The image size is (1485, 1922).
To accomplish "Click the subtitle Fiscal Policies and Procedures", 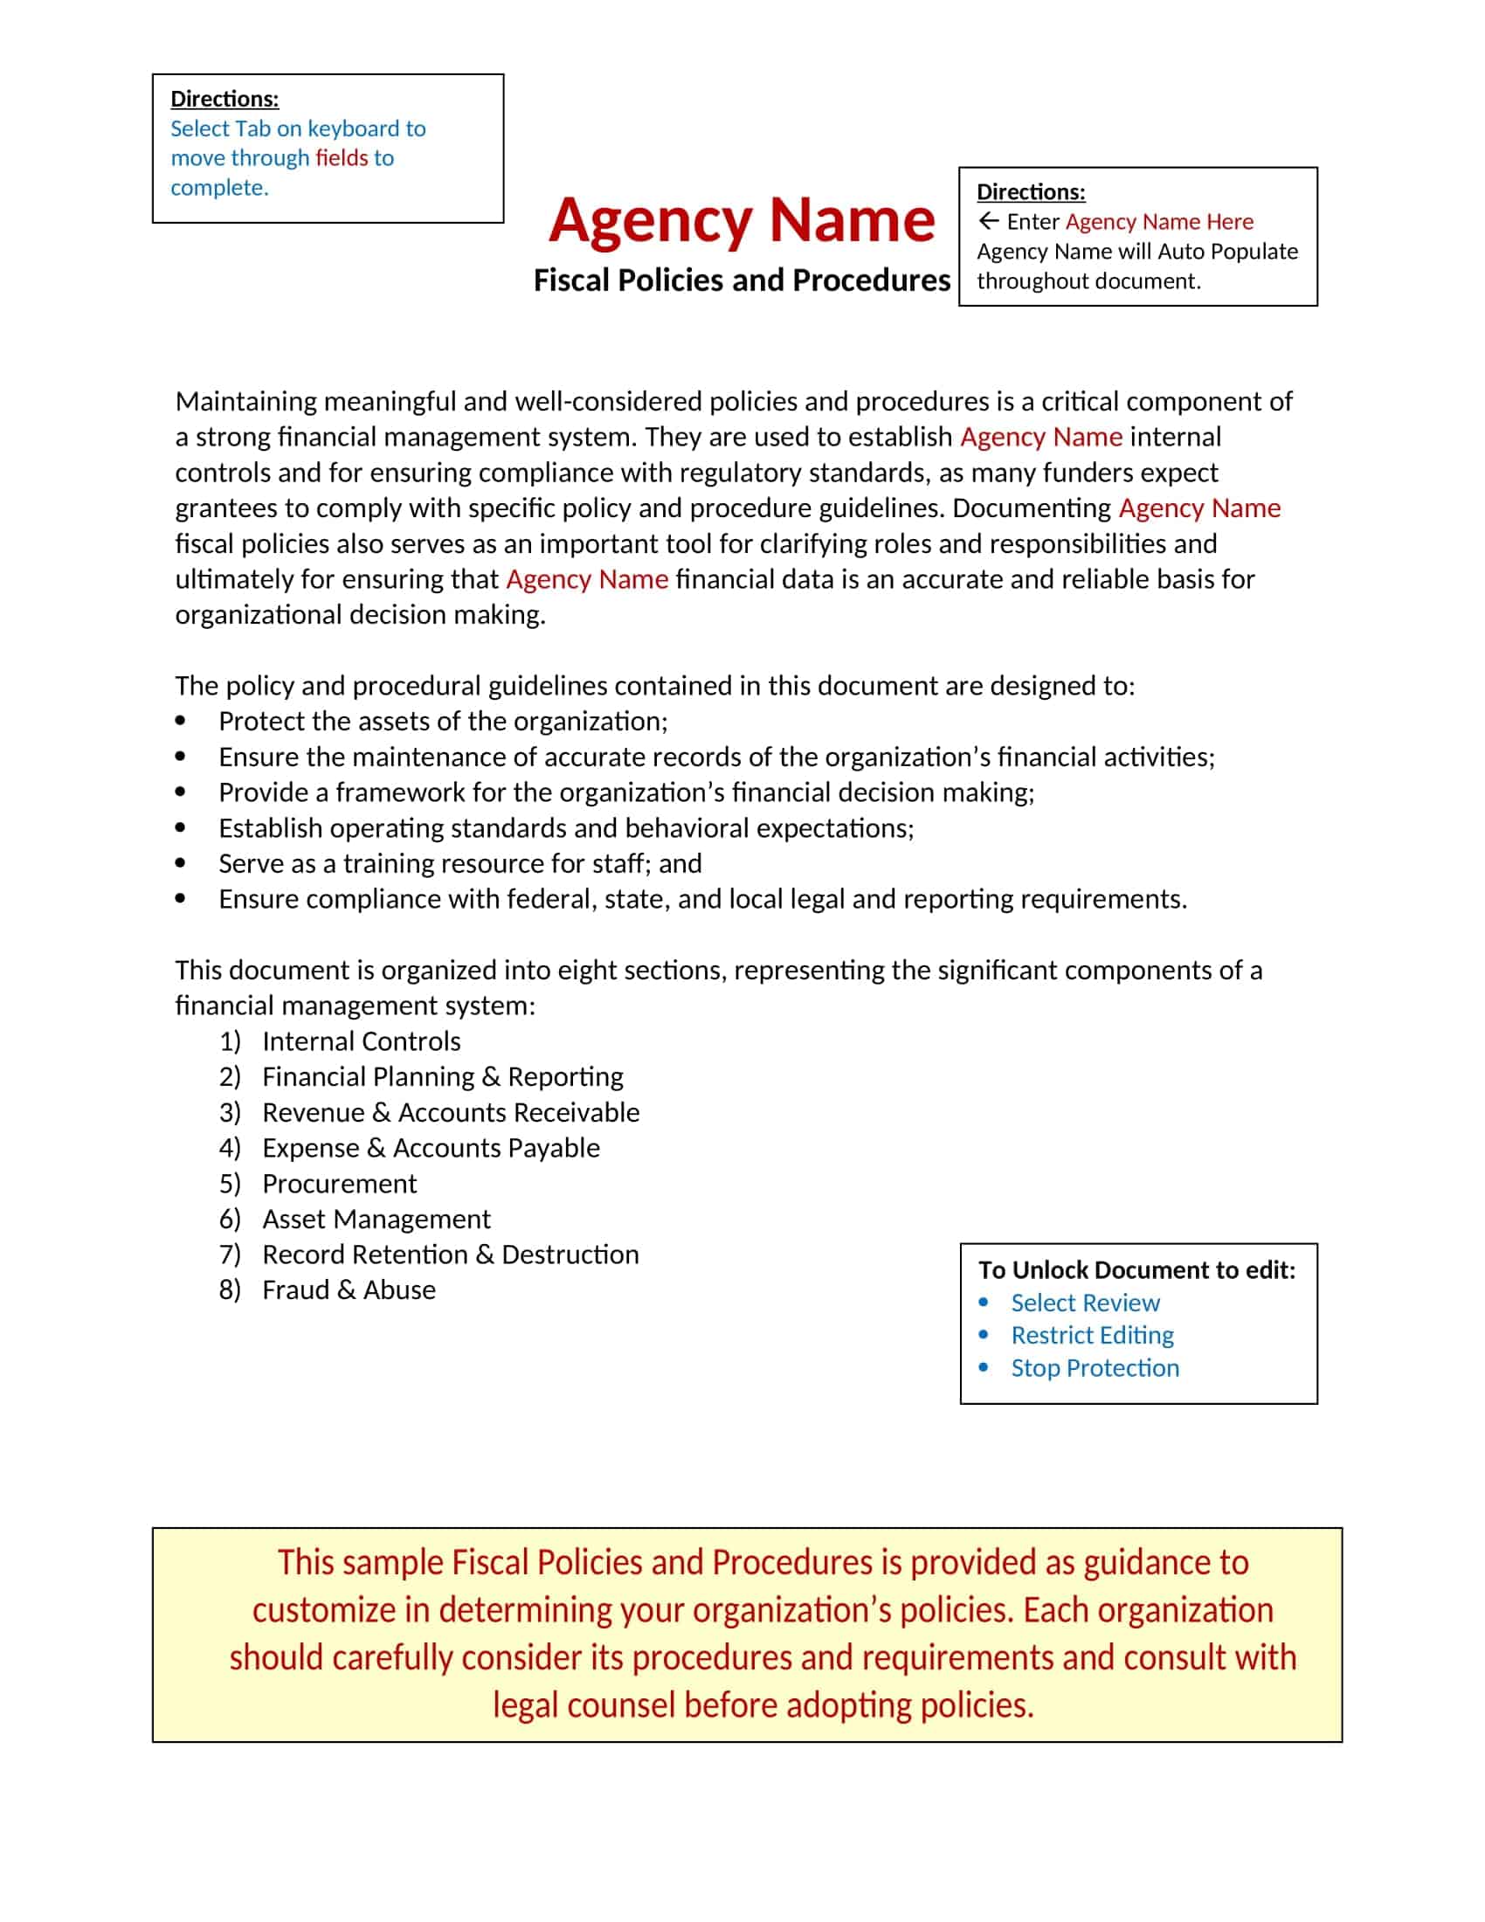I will coord(742,280).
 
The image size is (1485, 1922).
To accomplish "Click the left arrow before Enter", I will coord(989,221).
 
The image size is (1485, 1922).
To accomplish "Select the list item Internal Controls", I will coord(361,1041).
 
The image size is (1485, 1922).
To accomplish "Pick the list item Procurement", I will coord(339,1184).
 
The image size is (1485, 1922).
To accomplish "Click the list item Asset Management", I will coord(376,1219).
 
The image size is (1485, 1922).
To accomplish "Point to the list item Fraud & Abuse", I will coord(349,1290).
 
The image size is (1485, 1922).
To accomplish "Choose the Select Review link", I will coord(1085,1303).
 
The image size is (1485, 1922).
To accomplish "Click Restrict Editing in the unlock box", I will coord(1092,1335).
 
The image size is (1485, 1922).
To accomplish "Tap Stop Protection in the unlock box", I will coord(1095,1367).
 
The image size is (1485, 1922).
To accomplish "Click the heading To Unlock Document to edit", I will coord(1136,1270).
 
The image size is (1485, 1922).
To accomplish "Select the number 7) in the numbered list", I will coord(230,1254).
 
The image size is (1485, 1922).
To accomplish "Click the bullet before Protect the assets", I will coord(180,722).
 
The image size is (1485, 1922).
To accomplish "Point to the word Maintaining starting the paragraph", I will coord(245,401).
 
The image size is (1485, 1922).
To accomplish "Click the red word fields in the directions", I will coord(342,158).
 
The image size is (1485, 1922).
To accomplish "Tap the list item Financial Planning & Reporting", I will coord(443,1077).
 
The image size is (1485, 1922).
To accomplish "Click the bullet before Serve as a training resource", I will coord(180,864).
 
